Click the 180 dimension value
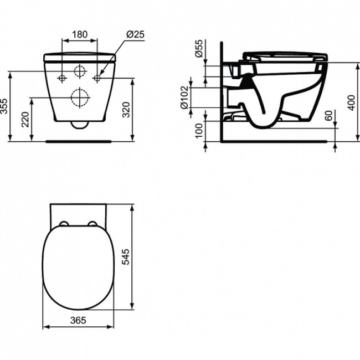point(80,34)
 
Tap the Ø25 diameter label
point(135,34)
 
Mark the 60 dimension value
point(328,116)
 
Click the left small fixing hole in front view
point(62,78)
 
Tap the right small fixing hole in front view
point(97,78)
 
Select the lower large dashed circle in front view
point(80,98)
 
